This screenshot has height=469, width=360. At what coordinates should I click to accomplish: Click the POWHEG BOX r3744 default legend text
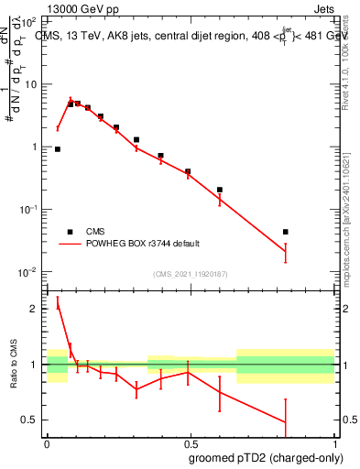[145, 244]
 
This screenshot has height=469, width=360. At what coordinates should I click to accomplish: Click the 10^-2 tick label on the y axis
[29, 272]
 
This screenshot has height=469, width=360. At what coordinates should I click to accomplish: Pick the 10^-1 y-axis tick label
[29, 210]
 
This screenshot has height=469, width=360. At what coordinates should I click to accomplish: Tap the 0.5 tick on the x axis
[191, 444]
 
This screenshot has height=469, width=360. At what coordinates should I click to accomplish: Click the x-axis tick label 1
[334, 444]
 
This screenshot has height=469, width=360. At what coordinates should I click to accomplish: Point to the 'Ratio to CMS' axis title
[13, 365]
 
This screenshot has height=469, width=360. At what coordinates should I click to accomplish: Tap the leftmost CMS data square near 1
[58, 148]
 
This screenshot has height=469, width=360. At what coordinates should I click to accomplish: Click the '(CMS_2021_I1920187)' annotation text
[191, 274]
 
